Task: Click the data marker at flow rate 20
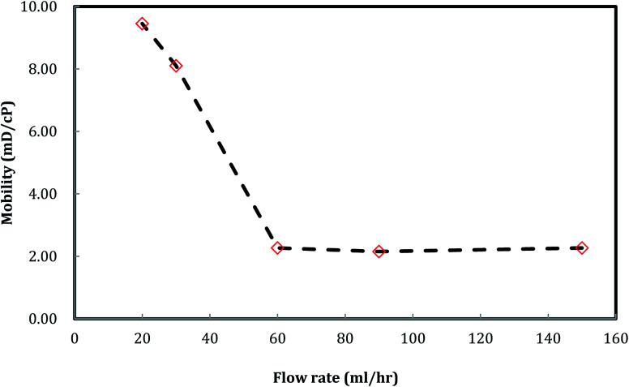[142, 24]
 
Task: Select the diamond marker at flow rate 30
[176, 65]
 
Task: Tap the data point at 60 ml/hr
[277, 247]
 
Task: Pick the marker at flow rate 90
[379, 252]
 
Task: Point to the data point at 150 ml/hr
[582, 247]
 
